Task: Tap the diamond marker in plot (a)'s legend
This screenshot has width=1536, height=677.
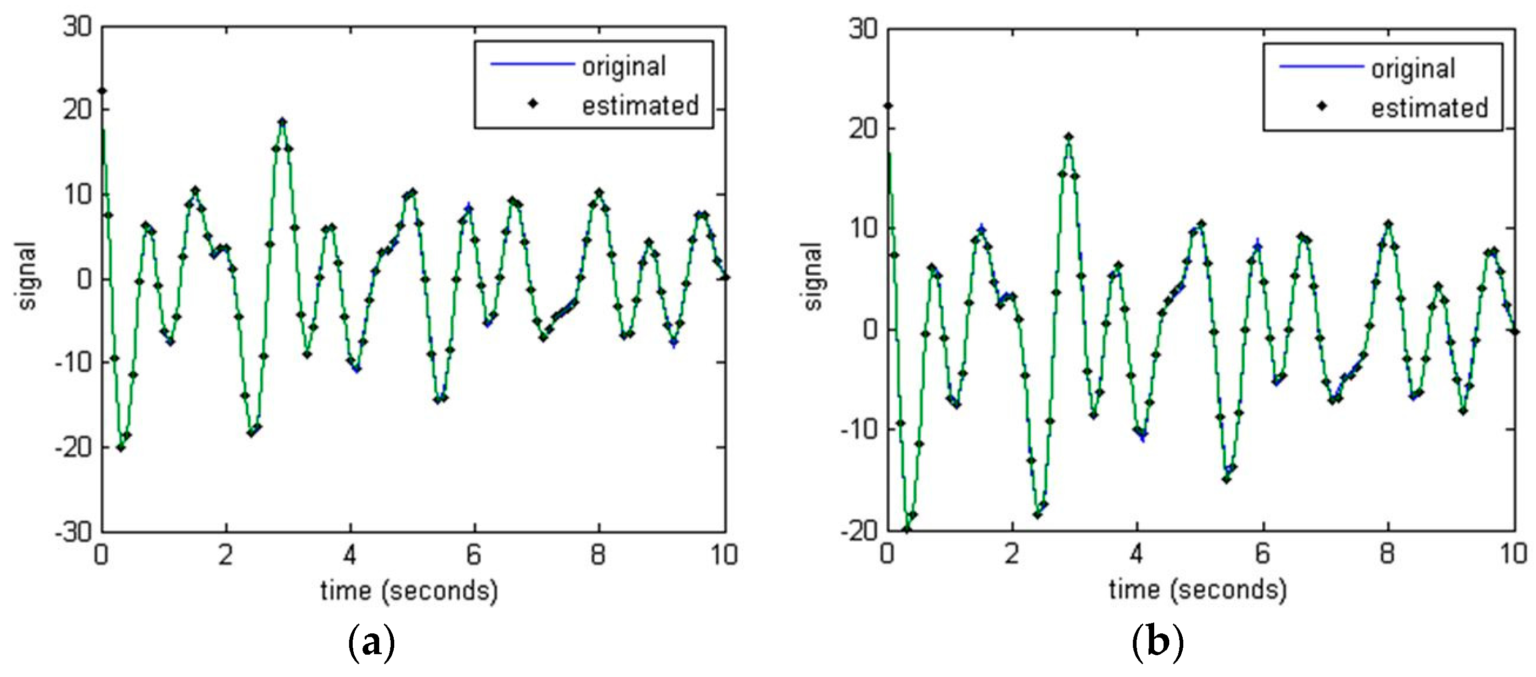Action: click(x=533, y=104)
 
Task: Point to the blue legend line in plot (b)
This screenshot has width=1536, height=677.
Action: click(x=1321, y=66)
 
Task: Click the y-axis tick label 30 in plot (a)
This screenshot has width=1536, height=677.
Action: click(x=77, y=27)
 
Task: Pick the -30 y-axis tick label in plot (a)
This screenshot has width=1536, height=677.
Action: click(x=73, y=532)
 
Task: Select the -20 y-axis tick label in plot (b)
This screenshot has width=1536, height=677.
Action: click(x=859, y=531)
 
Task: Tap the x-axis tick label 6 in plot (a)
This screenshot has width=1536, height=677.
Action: click(x=473, y=556)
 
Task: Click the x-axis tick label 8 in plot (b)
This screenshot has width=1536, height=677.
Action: click(x=1387, y=554)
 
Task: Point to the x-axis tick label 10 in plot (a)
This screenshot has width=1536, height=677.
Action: click(x=724, y=556)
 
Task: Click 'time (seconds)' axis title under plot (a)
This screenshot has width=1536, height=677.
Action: click(x=409, y=591)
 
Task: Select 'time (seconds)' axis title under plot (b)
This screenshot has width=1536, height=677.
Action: click(x=1197, y=590)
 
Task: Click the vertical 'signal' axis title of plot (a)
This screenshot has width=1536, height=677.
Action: click(x=28, y=275)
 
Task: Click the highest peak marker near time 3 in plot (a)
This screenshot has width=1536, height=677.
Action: click(x=283, y=122)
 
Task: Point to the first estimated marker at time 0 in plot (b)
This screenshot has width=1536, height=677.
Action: click(x=888, y=106)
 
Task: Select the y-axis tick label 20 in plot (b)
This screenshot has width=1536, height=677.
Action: click(x=863, y=129)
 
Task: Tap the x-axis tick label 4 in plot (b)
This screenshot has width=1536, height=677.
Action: click(x=1137, y=554)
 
